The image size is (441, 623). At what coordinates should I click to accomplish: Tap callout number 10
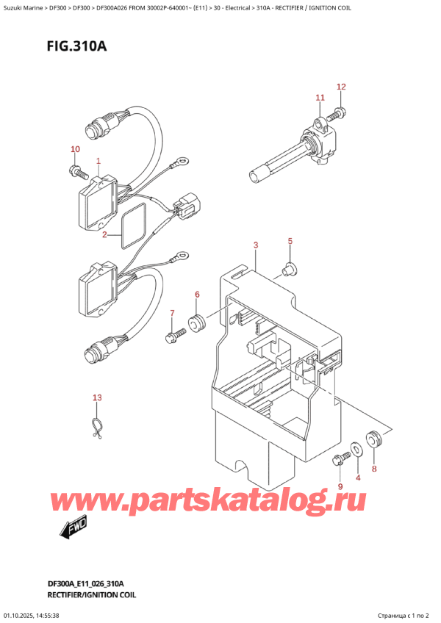[x=75, y=150]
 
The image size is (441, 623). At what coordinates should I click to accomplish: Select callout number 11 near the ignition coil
[x=320, y=98]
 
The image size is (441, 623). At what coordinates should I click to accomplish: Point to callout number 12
[x=341, y=87]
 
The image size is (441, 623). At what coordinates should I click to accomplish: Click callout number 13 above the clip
[x=98, y=398]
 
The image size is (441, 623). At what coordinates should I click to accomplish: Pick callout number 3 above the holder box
[x=255, y=245]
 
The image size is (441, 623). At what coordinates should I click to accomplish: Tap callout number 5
[x=290, y=241]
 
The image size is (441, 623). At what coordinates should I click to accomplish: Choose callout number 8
[x=373, y=469]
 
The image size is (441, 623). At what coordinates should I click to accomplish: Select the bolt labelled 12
[x=339, y=112]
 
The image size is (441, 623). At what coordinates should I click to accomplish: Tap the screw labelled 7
[x=174, y=337]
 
